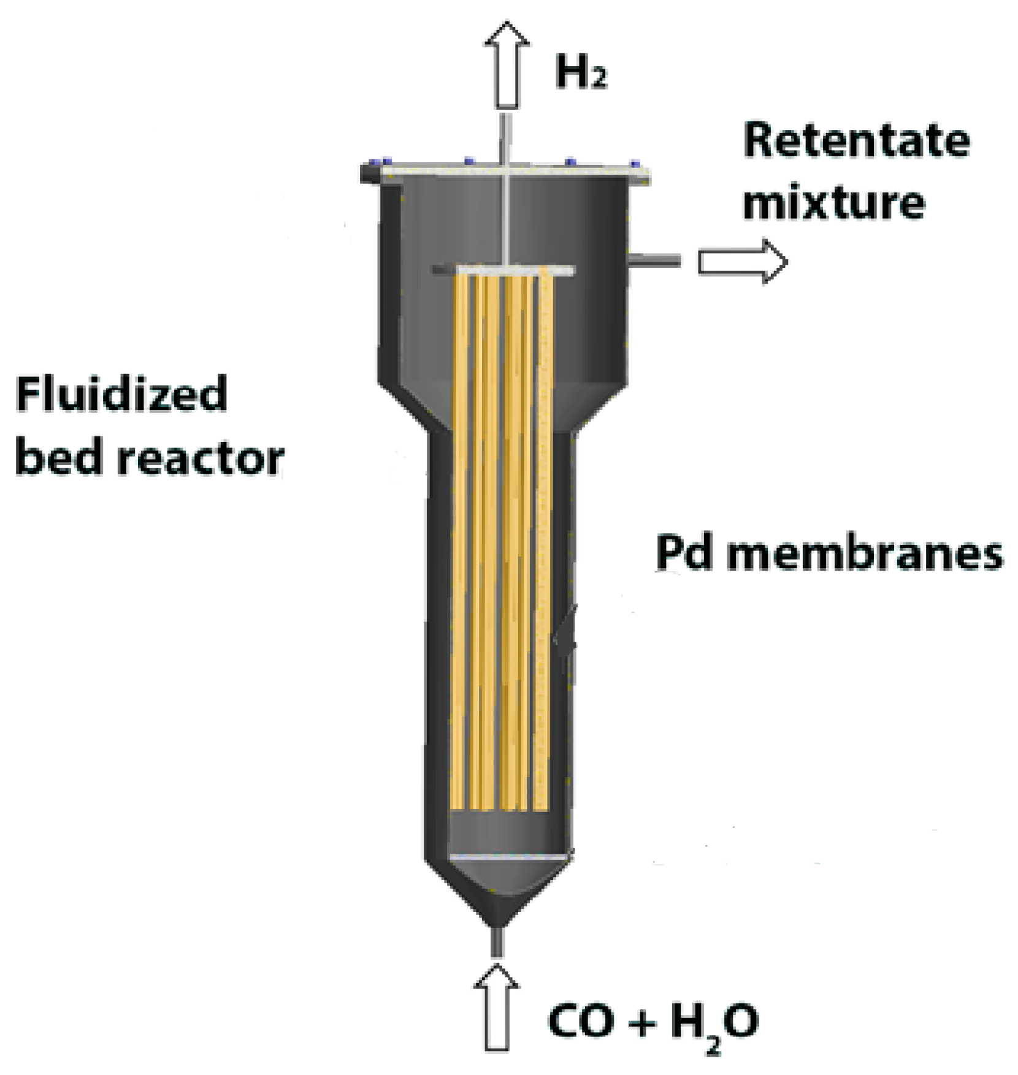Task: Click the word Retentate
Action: tap(856, 141)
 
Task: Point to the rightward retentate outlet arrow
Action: tap(743, 261)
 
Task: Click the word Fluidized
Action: tap(121, 394)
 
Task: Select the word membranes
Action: tap(865, 552)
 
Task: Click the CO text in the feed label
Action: tap(581, 1022)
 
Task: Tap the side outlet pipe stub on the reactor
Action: tap(654, 260)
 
